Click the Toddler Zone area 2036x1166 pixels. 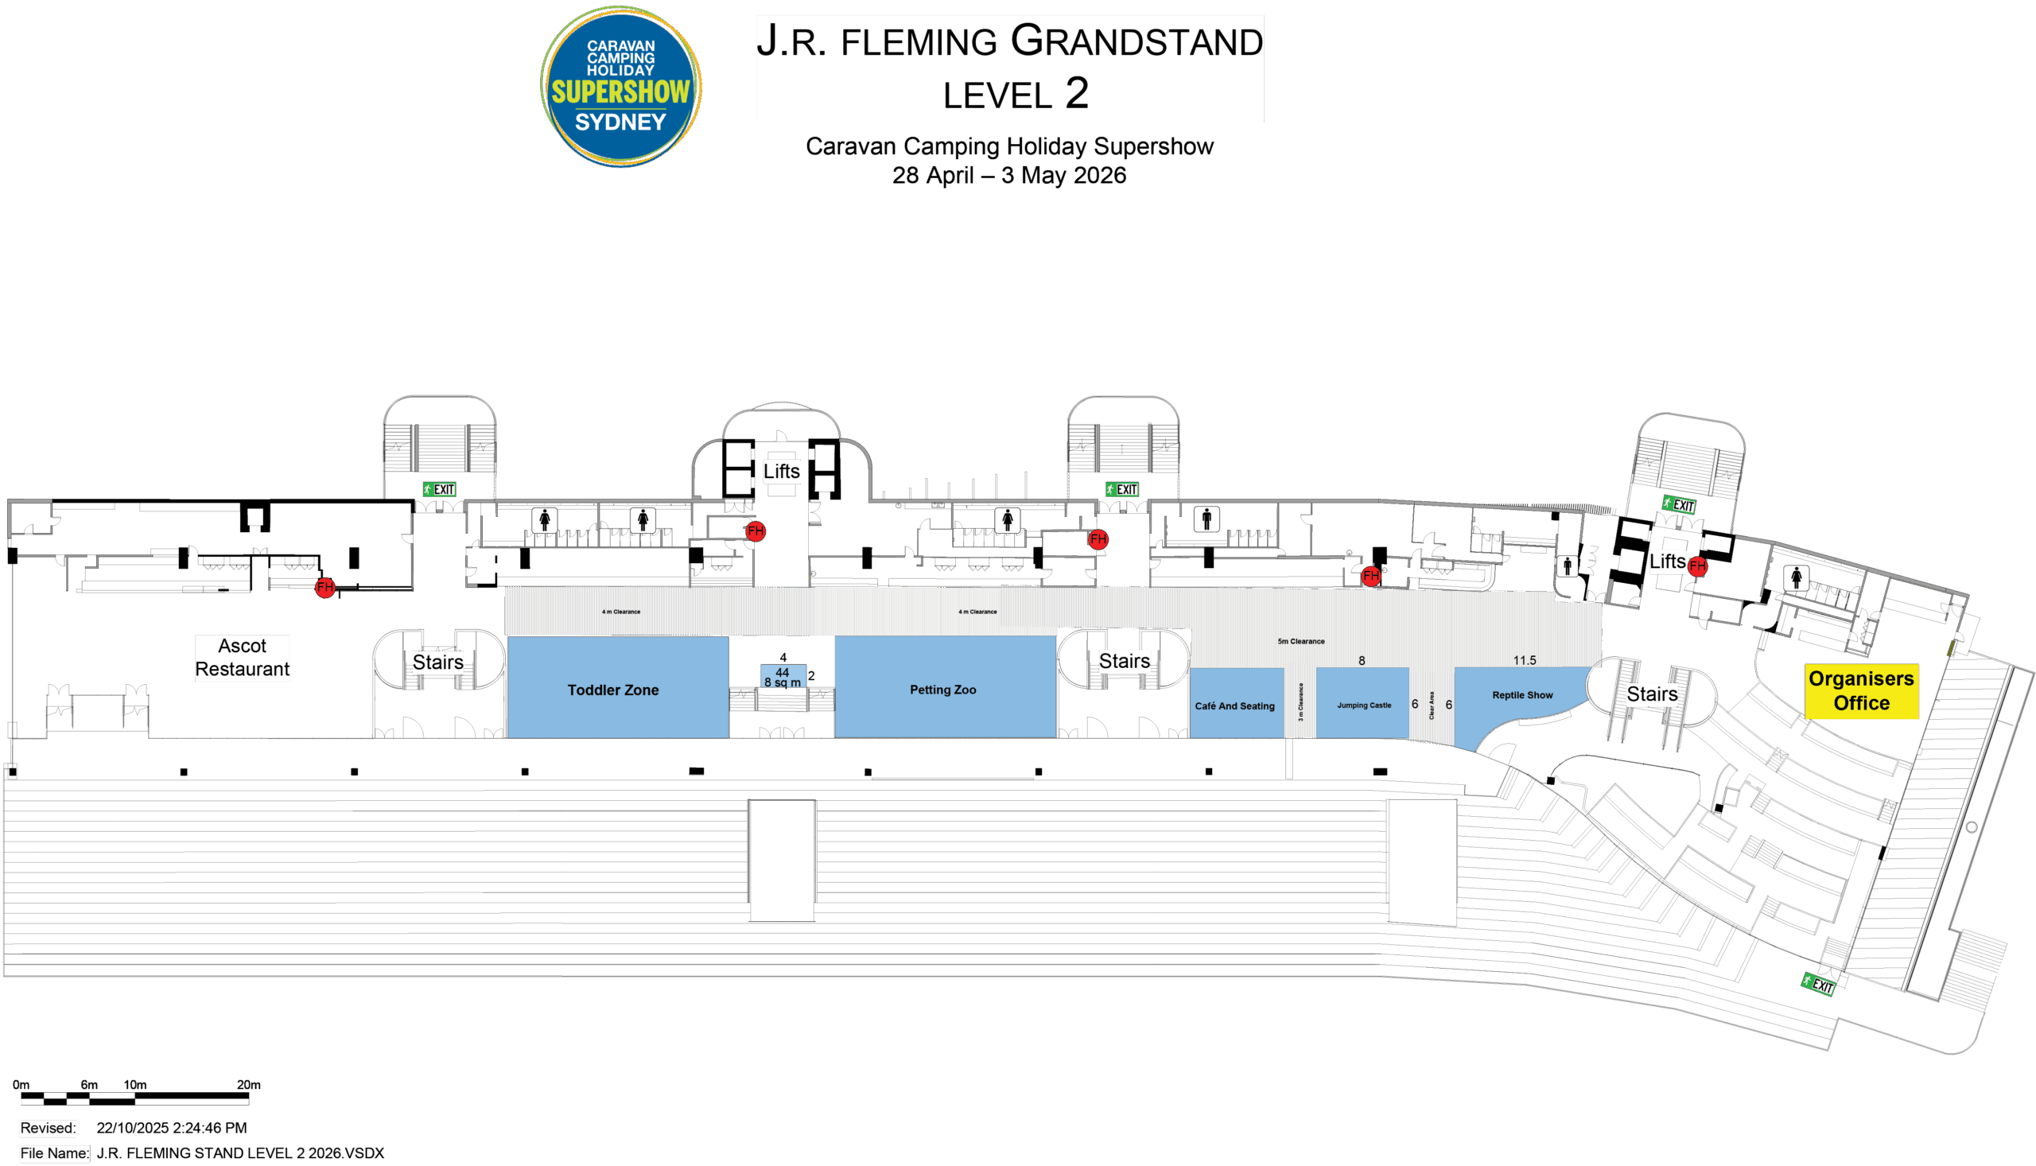[x=613, y=690]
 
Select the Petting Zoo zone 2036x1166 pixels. [x=943, y=690]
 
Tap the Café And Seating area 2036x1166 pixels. [x=1234, y=705]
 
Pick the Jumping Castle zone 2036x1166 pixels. [x=1363, y=705]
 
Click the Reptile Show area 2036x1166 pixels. [x=1521, y=695]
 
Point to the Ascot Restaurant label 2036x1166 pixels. [x=243, y=658]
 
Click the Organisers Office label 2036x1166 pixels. [x=1861, y=690]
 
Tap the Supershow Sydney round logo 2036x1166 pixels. [x=620, y=87]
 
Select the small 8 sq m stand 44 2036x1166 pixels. [x=783, y=677]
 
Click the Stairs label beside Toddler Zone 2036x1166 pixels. [x=438, y=663]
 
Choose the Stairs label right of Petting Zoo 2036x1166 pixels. [x=1124, y=661]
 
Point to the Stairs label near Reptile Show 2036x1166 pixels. [x=1652, y=694]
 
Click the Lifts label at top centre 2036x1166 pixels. [x=782, y=471]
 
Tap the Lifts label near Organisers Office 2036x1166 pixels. [x=1668, y=562]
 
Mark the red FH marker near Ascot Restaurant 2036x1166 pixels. [x=324, y=587]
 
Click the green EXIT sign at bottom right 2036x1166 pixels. [x=1818, y=983]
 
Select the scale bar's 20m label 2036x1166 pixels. [x=248, y=1084]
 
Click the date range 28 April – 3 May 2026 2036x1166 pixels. [x=1008, y=176]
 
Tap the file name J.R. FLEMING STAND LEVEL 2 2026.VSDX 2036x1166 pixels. [x=240, y=1153]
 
